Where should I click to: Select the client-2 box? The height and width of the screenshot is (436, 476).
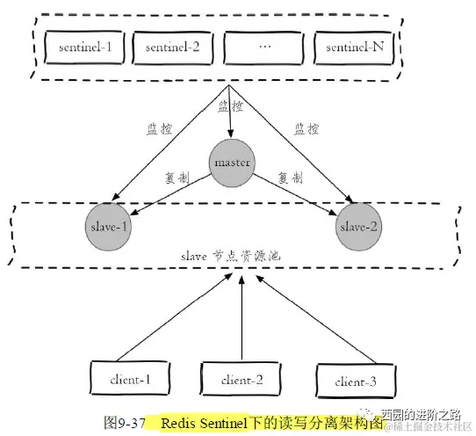(232, 380)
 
